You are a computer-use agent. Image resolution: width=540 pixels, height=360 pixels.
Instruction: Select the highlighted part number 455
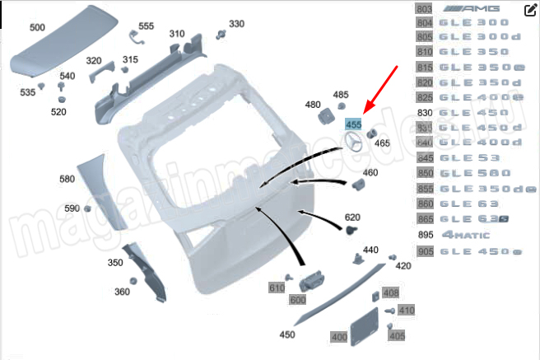coord(354,124)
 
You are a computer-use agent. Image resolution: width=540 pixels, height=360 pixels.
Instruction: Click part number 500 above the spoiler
coord(37,27)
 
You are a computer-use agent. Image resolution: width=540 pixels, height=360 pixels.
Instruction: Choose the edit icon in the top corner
coord(531,10)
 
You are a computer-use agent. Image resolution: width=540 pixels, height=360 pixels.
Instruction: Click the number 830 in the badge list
coord(425,113)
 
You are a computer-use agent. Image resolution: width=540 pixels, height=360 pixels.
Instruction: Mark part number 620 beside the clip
coord(352,217)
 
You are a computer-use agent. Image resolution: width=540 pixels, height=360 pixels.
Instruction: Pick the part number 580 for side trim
coord(67,179)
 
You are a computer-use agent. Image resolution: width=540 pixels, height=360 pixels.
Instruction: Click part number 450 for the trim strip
coord(286,334)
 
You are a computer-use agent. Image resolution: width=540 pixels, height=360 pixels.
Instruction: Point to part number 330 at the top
coord(236,24)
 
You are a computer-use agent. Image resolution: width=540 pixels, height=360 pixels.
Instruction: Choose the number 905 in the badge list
coord(426,251)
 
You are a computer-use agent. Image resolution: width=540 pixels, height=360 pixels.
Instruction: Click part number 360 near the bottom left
coord(122,292)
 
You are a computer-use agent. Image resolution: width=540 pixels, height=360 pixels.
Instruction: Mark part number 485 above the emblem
coord(340,96)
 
